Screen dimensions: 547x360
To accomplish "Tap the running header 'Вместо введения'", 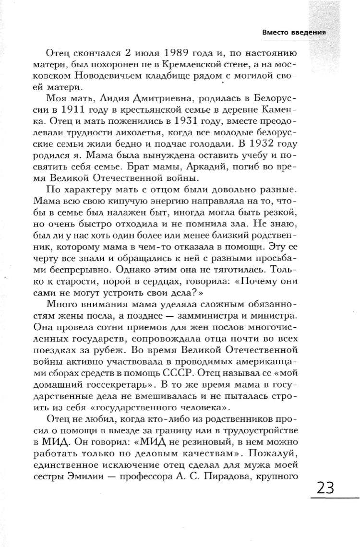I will [294, 32].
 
